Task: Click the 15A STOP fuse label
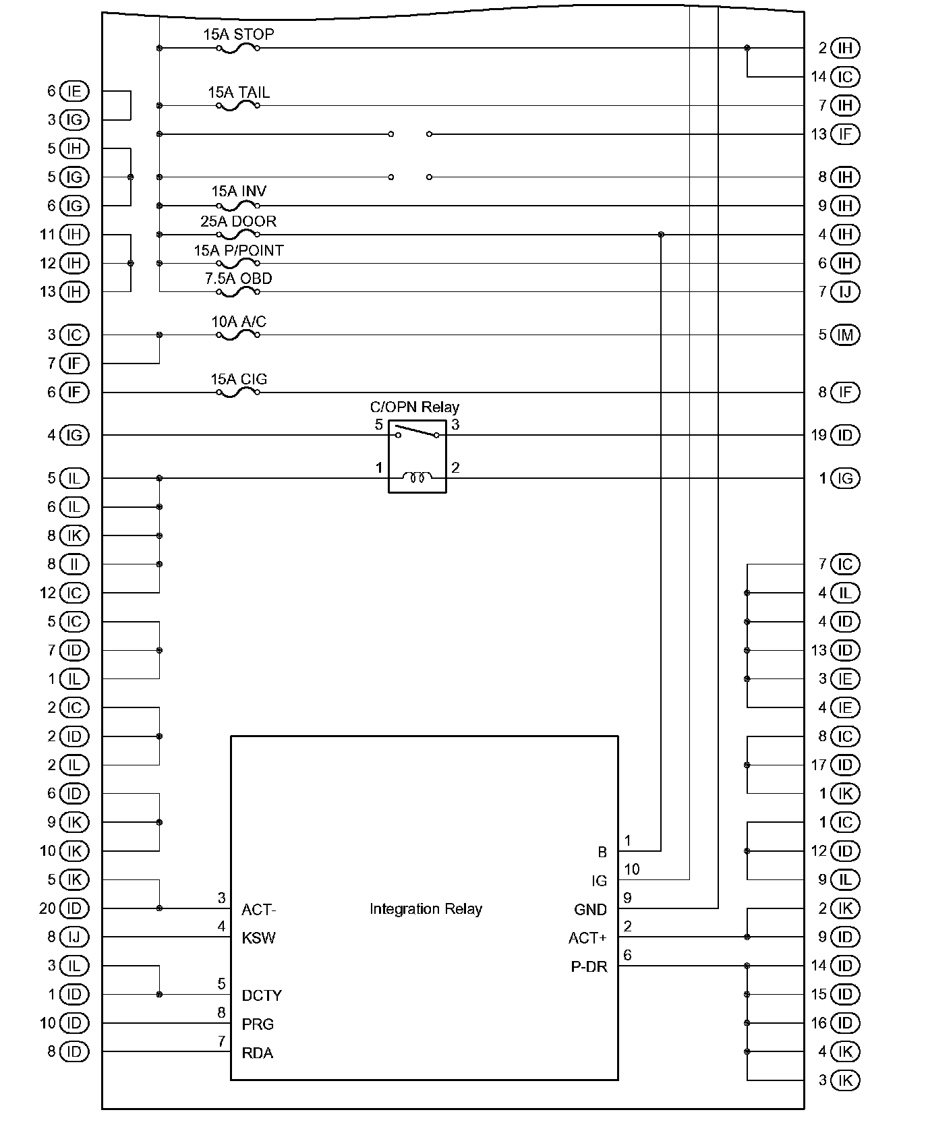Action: (239, 34)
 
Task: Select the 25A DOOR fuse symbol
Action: (237, 235)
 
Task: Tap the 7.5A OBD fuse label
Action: (239, 279)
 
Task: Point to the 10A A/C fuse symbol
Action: (237, 335)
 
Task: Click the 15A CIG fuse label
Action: (239, 379)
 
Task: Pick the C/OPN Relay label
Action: (414, 407)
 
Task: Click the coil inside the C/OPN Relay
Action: (417, 477)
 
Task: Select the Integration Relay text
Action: (426, 909)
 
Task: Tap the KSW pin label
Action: (258, 938)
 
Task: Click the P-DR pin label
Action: (589, 967)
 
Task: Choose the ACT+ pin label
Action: (587, 938)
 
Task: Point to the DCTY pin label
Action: (262, 995)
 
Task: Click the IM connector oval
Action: (845, 335)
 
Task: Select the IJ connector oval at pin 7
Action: (845, 292)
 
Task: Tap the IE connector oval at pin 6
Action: (74, 91)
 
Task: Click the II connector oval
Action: (74, 564)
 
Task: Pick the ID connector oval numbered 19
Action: (845, 435)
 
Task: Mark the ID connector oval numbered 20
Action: (74, 908)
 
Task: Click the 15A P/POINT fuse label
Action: (239, 250)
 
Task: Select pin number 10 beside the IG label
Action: (632, 869)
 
